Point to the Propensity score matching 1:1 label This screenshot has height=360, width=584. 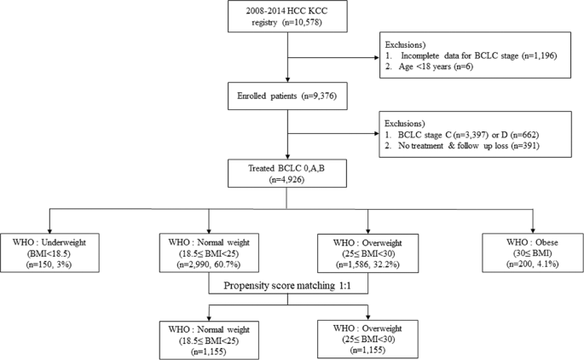coord(290,286)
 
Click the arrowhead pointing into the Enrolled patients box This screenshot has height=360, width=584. coord(290,80)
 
